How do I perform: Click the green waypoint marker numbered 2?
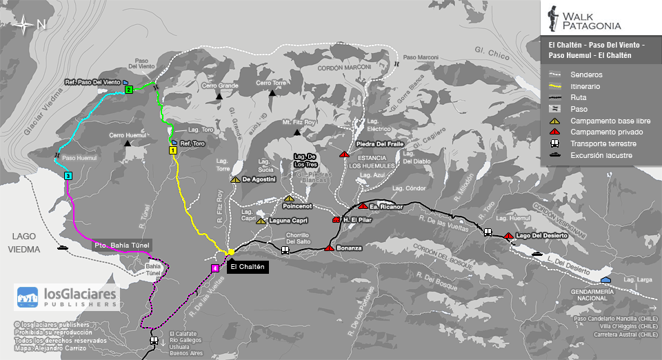(x=129, y=90)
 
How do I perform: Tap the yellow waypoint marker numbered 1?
(x=172, y=149)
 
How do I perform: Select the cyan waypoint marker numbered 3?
(x=68, y=176)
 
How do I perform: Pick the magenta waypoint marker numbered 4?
(x=215, y=268)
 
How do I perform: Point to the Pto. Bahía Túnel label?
(x=121, y=245)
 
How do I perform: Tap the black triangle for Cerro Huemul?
(x=128, y=143)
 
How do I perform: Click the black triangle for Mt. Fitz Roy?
(x=297, y=122)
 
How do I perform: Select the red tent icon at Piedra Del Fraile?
(x=343, y=154)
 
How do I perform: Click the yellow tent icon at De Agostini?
(x=235, y=179)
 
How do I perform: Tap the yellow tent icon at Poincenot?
(x=288, y=199)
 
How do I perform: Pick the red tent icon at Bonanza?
(x=329, y=247)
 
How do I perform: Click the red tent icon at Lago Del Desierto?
(x=508, y=236)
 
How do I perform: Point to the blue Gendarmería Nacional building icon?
(x=605, y=279)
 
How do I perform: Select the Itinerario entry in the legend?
(x=585, y=86)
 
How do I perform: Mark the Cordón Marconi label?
(x=345, y=68)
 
